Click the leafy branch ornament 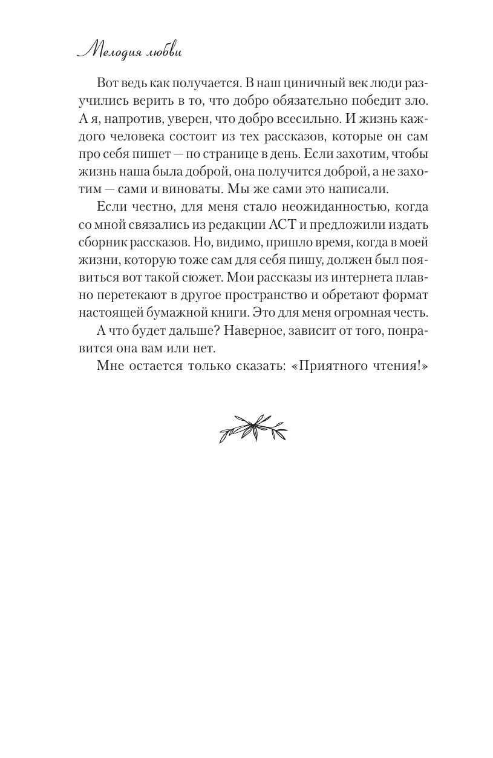253,427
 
